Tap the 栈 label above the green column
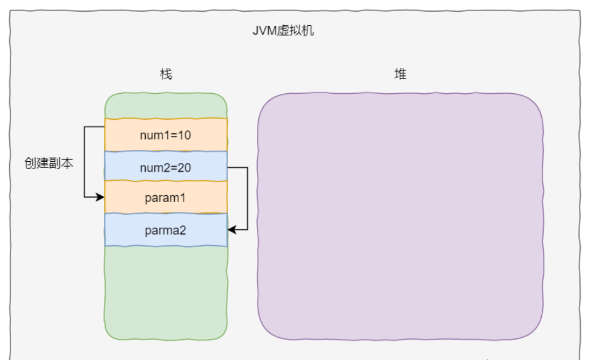click(166, 75)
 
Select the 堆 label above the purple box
click(400, 75)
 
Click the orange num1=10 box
click(166, 135)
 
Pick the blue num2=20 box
click(166, 166)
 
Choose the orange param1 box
click(166, 198)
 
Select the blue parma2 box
click(166, 230)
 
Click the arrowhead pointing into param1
click(101, 198)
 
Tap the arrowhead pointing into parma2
click(232, 230)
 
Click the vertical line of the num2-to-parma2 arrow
click(247, 198)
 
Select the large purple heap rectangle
click(400, 216)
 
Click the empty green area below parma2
click(166, 290)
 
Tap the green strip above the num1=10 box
click(166, 106)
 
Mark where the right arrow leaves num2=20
click(229, 167)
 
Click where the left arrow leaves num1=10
click(103, 127)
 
